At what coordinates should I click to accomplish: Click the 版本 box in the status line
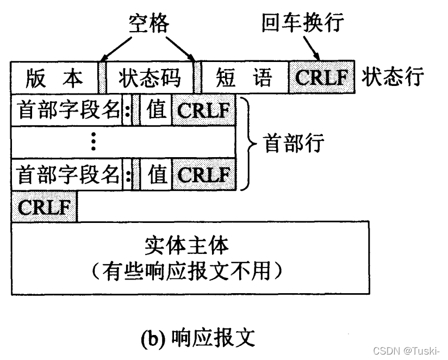tap(54, 78)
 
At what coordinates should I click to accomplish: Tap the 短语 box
tap(244, 78)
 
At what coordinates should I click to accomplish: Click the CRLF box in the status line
tap(321, 78)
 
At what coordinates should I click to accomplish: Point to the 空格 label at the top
tap(147, 24)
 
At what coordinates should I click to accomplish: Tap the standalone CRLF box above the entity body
tap(44, 207)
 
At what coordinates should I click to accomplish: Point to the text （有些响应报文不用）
tap(187, 270)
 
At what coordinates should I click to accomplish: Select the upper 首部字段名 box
tap(67, 110)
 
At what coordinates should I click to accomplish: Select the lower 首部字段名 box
tap(67, 175)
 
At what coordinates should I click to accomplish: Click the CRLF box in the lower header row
tap(204, 175)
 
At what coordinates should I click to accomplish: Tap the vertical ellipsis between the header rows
tap(94, 142)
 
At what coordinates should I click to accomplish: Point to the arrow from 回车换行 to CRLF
tap(314, 48)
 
